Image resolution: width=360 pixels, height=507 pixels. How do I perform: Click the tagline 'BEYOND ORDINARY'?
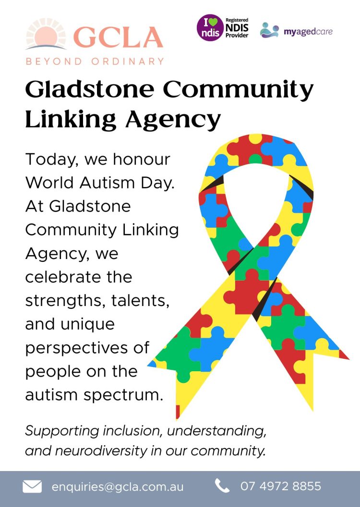(x=95, y=61)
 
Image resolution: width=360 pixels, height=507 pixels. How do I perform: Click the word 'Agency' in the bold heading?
(x=173, y=119)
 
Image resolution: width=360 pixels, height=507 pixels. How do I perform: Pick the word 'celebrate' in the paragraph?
(x=78, y=277)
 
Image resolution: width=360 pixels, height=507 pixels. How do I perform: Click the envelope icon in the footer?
(x=32, y=486)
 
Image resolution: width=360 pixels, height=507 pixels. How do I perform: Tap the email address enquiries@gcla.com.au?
(x=118, y=486)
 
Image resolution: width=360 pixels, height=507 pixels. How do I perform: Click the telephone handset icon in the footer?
(x=222, y=486)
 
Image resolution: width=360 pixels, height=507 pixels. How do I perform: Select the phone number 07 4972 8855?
(x=281, y=486)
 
